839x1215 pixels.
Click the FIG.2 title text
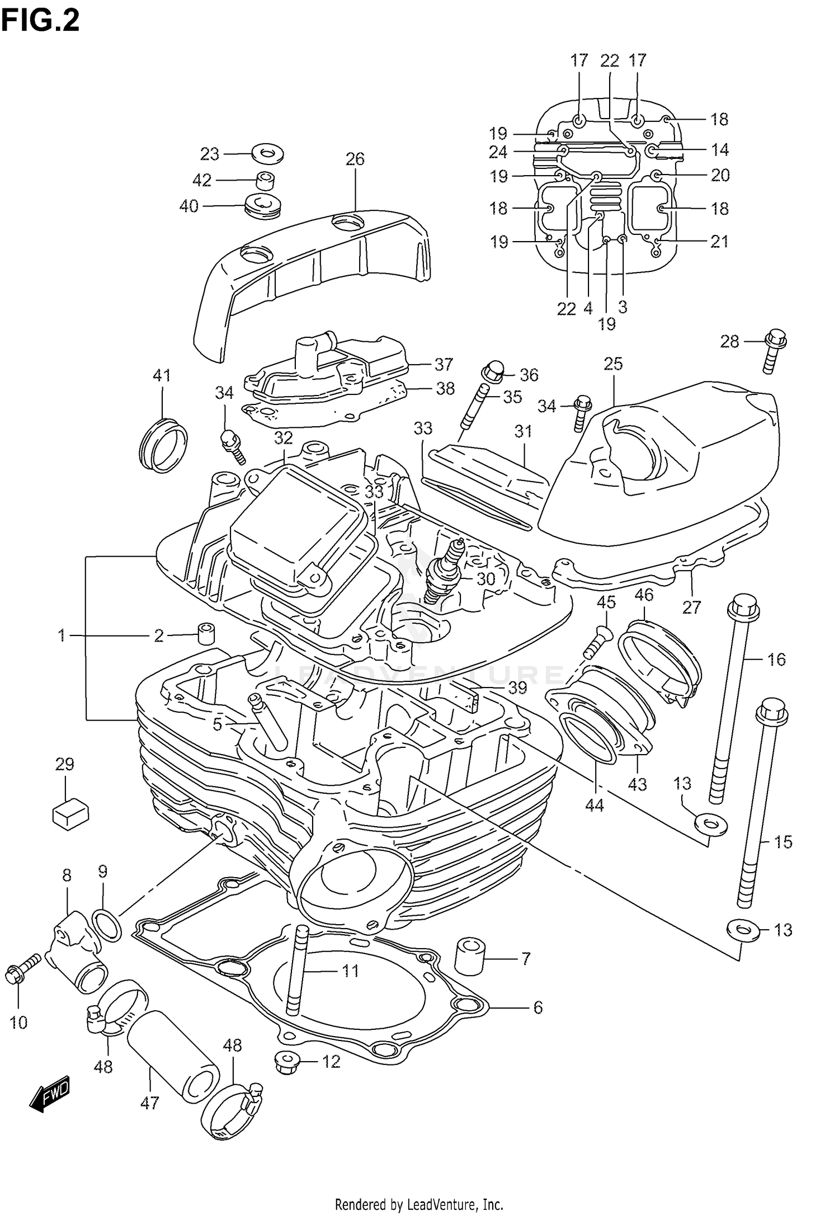pyautogui.click(x=40, y=21)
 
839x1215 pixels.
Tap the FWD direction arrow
pyautogui.click(x=50, y=1091)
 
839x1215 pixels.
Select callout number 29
pyautogui.click(x=65, y=764)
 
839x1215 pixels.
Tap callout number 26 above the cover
pyautogui.click(x=355, y=159)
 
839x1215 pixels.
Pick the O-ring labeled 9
pyautogui.click(x=106, y=925)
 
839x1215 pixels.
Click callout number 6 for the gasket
pyautogui.click(x=538, y=1007)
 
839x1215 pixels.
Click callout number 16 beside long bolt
pyautogui.click(x=776, y=660)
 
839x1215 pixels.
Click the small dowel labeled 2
pyautogui.click(x=206, y=632)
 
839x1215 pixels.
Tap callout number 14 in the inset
pyautogui.click(x=720, y=149)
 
